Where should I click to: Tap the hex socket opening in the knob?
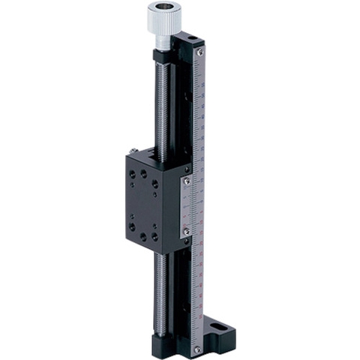point(163,9)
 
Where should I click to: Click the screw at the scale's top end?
point(199,52)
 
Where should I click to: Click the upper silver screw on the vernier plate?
point(187,181)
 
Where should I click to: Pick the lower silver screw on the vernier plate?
point(187,232)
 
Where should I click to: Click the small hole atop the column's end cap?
point(193,37)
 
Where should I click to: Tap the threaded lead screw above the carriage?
point(160,105)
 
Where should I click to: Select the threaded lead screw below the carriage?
point(160,292)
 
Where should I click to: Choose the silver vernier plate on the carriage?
point(187,206)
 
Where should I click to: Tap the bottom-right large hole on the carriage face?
point(155,236)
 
